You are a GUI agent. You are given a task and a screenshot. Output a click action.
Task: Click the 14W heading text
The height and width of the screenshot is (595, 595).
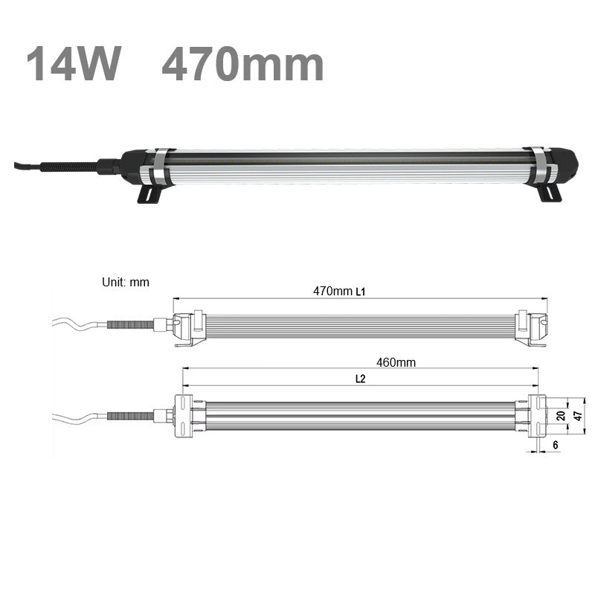73,63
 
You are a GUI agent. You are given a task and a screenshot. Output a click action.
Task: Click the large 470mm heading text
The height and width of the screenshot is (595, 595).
242,63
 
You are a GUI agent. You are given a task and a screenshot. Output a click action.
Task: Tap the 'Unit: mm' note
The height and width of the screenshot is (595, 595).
125,282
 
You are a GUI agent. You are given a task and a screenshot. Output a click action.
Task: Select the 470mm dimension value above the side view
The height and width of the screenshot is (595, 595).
332,291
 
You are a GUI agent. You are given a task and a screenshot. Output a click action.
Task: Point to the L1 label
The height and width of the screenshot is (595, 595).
361,292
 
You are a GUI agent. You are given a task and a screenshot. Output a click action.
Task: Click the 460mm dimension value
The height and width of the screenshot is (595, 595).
396,362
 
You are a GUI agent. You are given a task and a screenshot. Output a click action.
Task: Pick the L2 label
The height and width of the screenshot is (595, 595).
361,379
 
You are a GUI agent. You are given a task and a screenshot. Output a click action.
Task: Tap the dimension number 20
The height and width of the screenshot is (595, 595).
561,416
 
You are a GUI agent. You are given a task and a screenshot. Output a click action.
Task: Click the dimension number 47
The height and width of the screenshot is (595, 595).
578,416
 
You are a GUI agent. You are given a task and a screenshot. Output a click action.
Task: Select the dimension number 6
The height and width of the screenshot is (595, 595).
555,445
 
